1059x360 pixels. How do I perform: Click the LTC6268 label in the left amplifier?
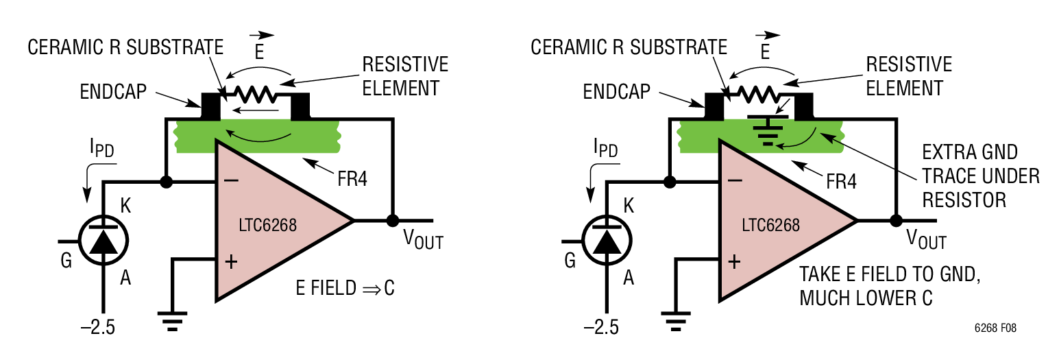(x=267, y=226)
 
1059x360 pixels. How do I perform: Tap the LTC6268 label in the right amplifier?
(x=771, y=226)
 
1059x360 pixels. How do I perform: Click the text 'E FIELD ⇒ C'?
(x=345, y=289)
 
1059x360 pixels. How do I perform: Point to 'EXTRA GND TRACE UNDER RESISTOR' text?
(x=980, y=176)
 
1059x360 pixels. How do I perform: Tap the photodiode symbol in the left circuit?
(x=104, y=242)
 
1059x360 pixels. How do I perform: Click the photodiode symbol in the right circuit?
(x=607, y=242)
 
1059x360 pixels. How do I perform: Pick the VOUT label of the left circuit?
(x=422, y=240)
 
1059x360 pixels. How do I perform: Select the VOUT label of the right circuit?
(x=926, y=240)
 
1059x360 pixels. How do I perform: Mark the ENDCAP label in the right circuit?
(x=617, y=92)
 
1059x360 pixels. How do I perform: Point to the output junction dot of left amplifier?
(x=393, y=221)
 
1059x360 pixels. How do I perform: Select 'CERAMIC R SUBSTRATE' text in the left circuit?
(x=125, y=47)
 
